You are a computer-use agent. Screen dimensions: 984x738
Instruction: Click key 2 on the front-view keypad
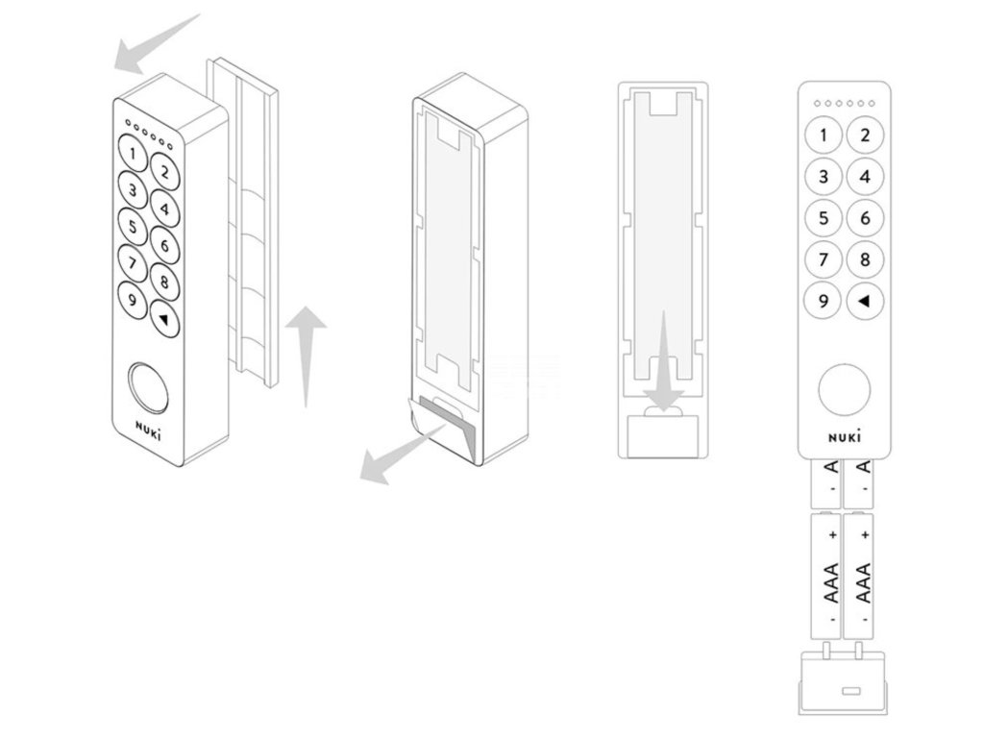865,135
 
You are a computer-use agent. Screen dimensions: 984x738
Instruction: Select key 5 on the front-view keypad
824,218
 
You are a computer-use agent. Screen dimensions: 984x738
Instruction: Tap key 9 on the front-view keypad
824,302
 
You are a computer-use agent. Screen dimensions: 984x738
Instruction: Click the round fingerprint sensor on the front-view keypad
844,390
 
